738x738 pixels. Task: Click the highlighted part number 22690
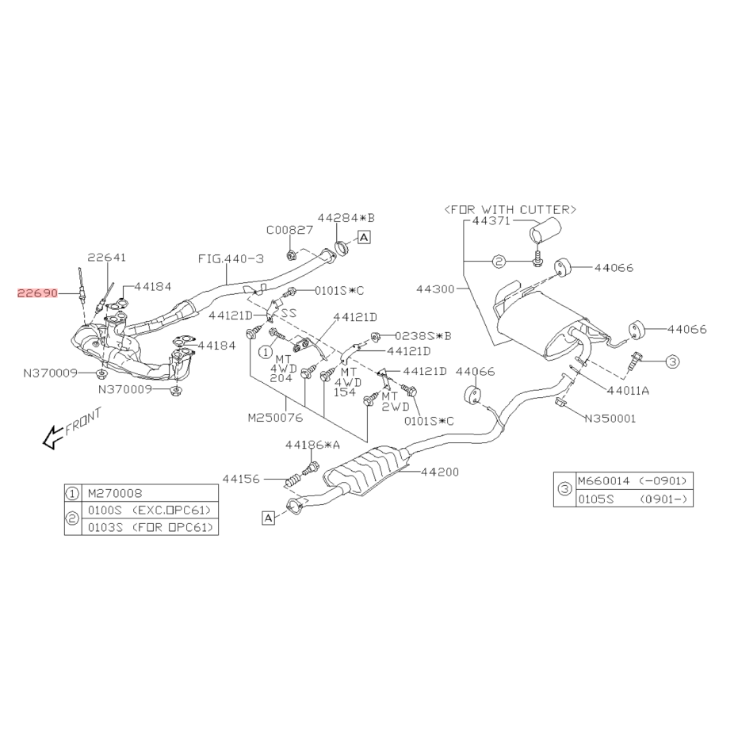[38, 293]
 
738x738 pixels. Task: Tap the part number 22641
[107, 258]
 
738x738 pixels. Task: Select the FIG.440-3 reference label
[231, 258]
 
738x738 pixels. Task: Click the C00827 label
[289, 230]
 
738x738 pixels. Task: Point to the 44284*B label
[346, 218]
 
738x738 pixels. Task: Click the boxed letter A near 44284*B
[364, 237]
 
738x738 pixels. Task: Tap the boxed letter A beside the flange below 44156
[268, 518]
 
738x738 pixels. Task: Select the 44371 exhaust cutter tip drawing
[546, 231]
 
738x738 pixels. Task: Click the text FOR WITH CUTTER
[510, 209]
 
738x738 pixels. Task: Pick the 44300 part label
[435, 289]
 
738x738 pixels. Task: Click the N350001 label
[610, 419]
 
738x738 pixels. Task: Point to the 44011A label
[629, 390]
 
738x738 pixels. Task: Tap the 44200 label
[440, 472]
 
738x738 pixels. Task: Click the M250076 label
[275, 418]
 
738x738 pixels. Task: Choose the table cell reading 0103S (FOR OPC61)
[150, 526]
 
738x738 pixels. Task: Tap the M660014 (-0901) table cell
[634, 481]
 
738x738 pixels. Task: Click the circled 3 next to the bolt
[673, 361]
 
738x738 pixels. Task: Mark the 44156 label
[241, 479]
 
